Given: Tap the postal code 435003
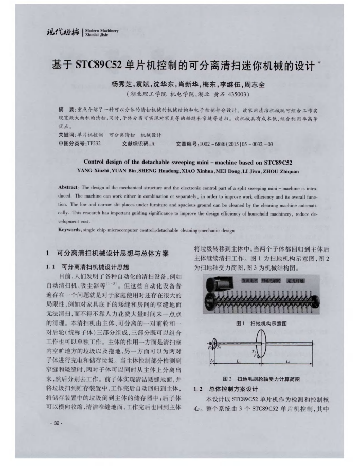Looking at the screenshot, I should coord(238,95).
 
